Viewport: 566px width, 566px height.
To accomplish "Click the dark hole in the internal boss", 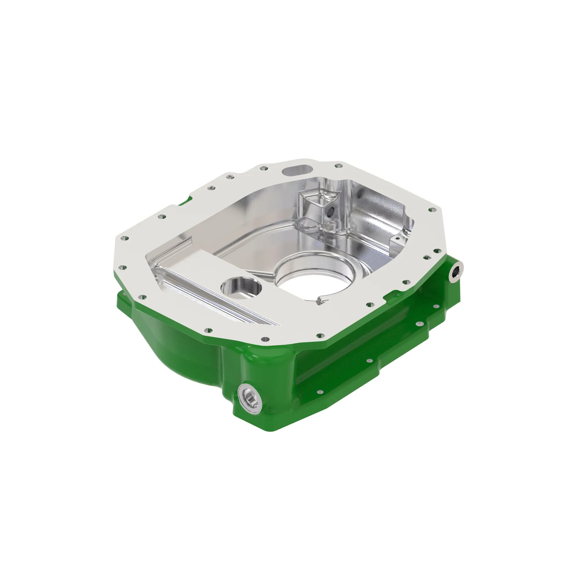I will tap(331, 211).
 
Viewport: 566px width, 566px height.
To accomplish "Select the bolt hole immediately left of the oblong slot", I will tap(263, 168).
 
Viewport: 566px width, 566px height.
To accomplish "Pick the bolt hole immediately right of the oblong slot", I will tap(339, 166).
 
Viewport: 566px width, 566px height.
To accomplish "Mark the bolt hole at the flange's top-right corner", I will tap(431, 210).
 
